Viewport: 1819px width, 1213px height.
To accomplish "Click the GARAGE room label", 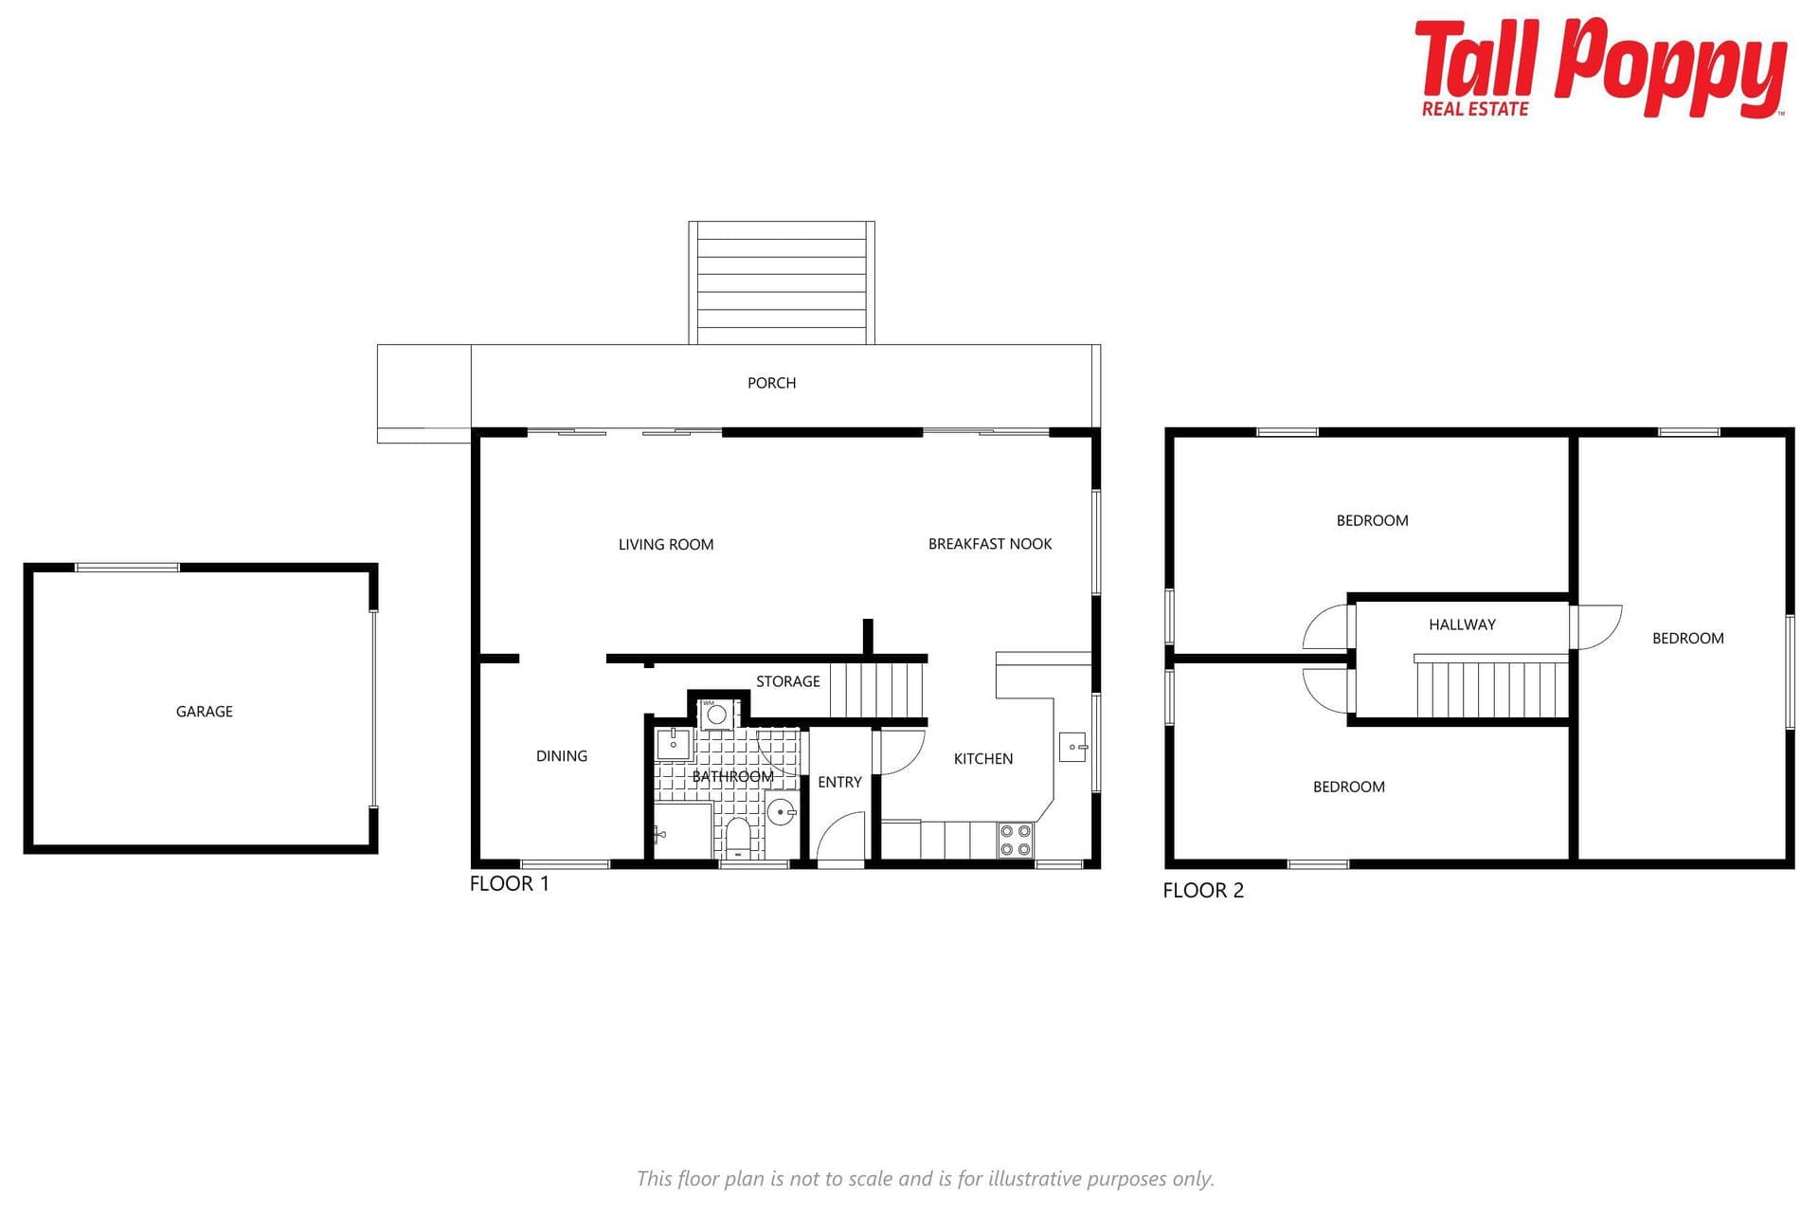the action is [204, 712].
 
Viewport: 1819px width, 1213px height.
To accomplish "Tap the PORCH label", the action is [771, 383].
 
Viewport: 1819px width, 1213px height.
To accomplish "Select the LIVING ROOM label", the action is [666, 544].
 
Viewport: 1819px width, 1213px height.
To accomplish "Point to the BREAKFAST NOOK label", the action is [990, 544].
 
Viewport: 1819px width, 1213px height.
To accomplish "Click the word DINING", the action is [562, 755].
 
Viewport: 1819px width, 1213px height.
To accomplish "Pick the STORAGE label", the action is [788, 681].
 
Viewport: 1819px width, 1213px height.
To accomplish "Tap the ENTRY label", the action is [839, 782].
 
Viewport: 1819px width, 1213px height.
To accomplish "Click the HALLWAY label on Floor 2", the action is [1462, 625].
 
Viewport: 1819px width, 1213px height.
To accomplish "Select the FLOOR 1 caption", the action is [509, 883].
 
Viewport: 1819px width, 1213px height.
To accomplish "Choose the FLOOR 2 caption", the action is [1203, 890].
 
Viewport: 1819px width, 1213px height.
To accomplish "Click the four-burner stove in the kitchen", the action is [1015, 841].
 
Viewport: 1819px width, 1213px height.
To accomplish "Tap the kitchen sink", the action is [1072, 747].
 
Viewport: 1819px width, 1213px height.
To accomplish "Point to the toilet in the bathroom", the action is [738, 838].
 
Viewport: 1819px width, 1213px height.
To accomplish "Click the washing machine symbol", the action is [717, 714].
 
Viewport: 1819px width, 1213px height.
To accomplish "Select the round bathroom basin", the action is [781, 812].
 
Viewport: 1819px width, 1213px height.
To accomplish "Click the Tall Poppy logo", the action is [1600, 67].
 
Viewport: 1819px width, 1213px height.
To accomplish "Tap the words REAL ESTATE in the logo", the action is [1475, 109].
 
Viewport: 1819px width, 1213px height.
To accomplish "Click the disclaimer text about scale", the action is [925, 1179].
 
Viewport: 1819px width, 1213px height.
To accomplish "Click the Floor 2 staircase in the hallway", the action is [1491, 686].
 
